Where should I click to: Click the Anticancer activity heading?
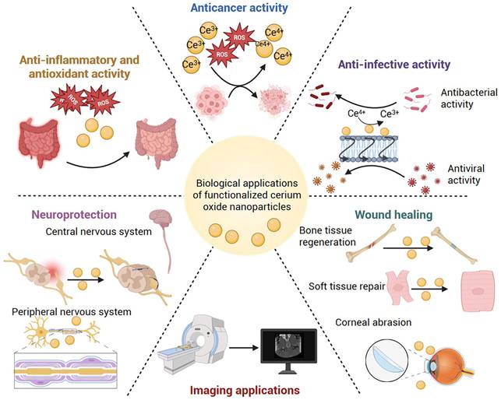[239, 8]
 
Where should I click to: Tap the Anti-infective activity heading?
[394, 65]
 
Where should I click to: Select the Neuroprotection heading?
[75, 215]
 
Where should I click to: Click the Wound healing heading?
[393, 215]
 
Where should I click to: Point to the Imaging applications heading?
[245, 390]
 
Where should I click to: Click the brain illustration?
[161, 219]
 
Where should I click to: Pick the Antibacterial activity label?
[469, 98]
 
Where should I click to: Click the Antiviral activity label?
[466, 174]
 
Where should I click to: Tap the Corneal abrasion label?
[373, 322]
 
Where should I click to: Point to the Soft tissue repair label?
[347, 286]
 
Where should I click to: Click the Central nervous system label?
[98, 231]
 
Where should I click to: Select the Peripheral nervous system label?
[72, 311]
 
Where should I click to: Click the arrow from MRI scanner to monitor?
[243, 347]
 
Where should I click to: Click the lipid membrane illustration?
[369, 149]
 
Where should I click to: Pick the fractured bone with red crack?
[372, 243]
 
